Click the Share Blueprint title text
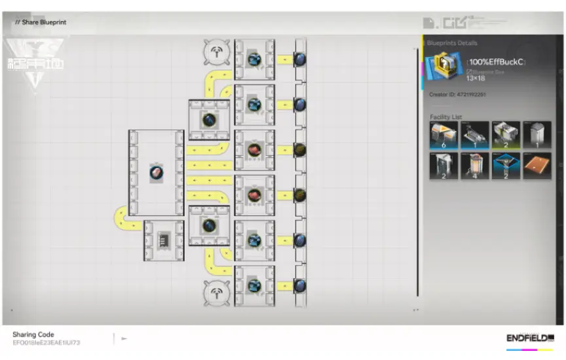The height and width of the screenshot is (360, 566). [43, 22]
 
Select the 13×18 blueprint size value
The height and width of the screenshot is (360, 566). [476, 78]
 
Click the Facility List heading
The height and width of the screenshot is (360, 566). [446, 117]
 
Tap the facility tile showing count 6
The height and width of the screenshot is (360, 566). [444, 135]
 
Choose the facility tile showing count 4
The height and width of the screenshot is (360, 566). [474, 166]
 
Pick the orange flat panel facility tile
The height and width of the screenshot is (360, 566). [537, 166]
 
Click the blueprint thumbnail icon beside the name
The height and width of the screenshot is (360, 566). [443, 67]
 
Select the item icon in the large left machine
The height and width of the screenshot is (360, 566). [156, 173]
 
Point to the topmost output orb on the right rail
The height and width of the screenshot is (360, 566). [300, 60]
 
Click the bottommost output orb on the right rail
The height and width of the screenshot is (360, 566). [300, 285]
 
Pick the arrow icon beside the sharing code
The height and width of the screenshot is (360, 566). [124, 338]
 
